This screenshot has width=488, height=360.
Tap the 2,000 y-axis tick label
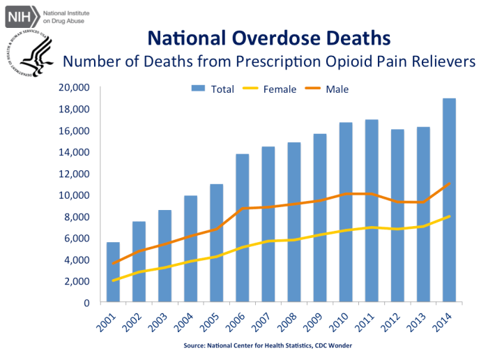[x=77, y=281]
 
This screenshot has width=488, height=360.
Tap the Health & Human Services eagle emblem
[x=29, y=54]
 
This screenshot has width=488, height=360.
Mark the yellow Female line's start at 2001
[x=112, y=280]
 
